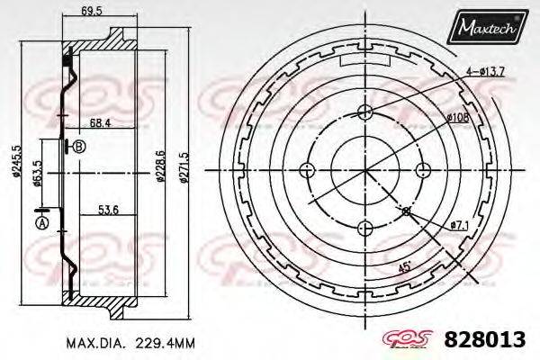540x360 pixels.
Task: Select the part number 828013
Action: pyautogui.click(x=484, y=341)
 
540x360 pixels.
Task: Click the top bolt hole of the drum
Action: pyautogui.click(x=364, y=112)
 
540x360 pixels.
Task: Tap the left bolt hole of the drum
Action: pyautogui.click(x=308, y=169)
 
